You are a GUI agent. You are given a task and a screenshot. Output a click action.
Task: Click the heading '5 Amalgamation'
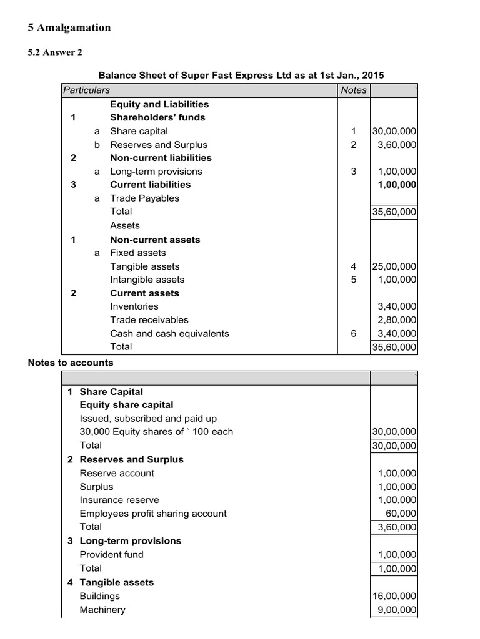pos(69,27)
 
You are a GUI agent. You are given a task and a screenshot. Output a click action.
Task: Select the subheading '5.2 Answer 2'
pos(55,52)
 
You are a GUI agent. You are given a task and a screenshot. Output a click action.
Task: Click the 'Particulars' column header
pos(86,90)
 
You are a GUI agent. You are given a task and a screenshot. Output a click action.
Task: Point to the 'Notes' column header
pos(354,90)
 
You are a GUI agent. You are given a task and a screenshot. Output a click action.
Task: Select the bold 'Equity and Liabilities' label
pos(159,104)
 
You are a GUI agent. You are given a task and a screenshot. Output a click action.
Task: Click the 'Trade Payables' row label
pos(144,198)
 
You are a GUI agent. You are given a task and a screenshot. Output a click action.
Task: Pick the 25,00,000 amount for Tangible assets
pos(394,266)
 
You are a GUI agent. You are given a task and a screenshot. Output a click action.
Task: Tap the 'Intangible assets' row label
pos(147,280)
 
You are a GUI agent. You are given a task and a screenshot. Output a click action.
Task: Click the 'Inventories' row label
pos(134,306)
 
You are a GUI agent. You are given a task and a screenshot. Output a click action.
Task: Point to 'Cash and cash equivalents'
pos(169,333)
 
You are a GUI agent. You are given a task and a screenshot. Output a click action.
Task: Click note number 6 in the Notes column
pos(354,333)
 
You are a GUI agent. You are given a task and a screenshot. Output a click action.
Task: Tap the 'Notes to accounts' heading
pos(71,363)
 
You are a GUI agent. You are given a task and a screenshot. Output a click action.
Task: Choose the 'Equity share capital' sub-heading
pos(126,405)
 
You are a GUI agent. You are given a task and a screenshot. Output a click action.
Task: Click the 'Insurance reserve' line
pos(119,500)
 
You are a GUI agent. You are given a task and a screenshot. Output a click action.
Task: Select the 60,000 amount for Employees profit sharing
pos(403,514)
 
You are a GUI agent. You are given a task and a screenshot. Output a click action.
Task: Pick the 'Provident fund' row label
pos(111,554)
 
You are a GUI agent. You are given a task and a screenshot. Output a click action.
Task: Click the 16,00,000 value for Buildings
pos(394,597)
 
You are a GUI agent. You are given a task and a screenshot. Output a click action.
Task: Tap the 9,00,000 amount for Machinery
pos(397,610)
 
